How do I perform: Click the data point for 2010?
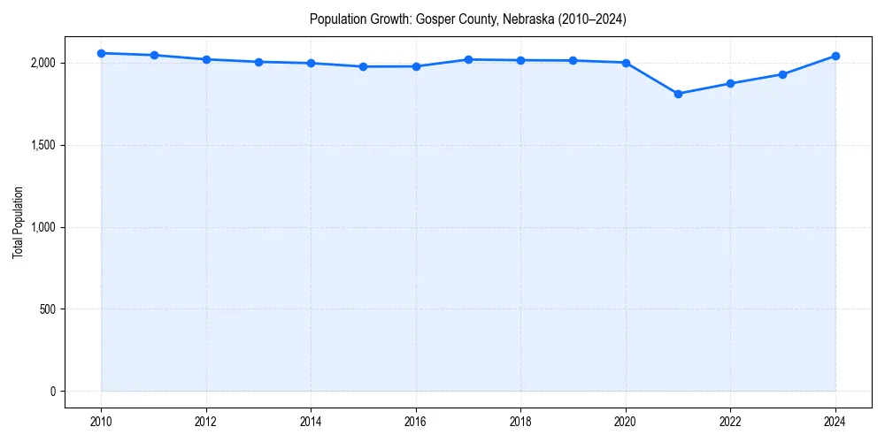click(x=102, y=53)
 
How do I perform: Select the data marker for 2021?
click(x=678, y=94)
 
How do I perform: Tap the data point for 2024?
click(x=835, y=56)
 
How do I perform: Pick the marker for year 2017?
click(x=468, y=59)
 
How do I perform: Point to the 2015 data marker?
click(x=364, y=66)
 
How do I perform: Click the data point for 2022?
click(x=730, y=83)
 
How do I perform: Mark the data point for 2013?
click(x=258, y=62)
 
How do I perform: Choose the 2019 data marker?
click(x=573, y=60)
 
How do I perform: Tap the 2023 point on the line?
click(x=783, y=74)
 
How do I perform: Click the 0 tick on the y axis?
click(x=51, y=392)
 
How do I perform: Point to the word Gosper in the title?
click(x=434, y=19)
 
